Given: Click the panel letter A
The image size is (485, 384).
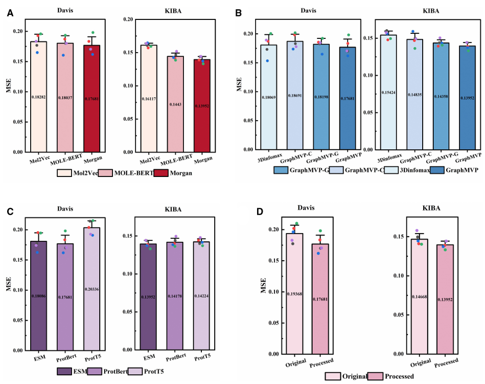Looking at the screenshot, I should click(x=10, y=13).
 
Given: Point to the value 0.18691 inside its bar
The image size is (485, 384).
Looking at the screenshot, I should click(x=295, y=96).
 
